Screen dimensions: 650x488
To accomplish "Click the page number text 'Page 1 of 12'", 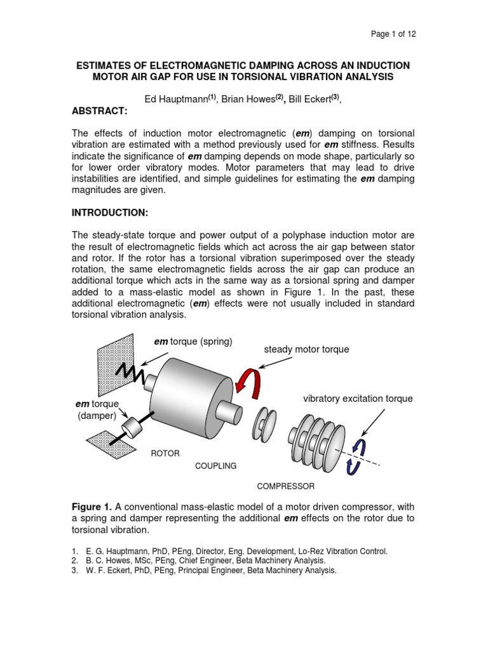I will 395,34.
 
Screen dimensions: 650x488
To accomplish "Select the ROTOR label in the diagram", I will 165,454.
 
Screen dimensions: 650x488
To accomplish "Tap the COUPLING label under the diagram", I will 215,466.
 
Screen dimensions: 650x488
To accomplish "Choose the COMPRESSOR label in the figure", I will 285,486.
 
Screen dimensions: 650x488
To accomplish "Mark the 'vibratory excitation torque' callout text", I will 358,399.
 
